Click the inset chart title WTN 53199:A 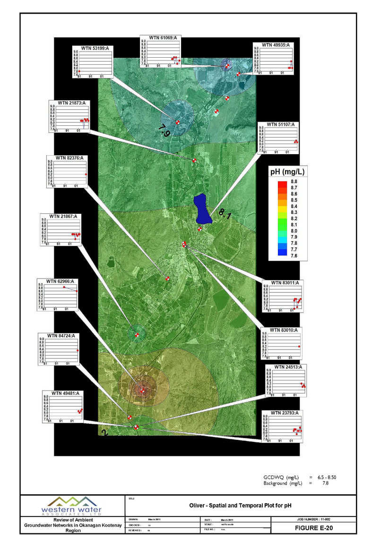[x=95, y=48]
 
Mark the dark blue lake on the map [x=202, y=208]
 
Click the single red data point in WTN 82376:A [x=86, y=175]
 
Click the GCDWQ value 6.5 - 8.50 [x=330, y=478]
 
